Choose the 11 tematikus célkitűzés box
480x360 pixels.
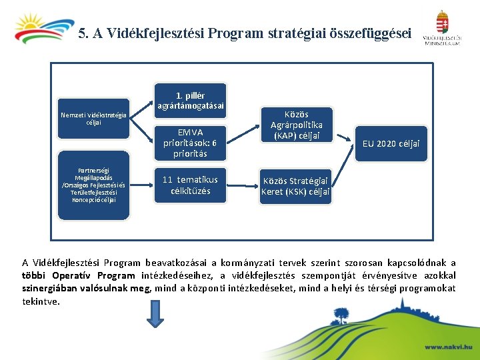(x=190, y=185)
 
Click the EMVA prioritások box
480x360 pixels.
(x=190, y=143)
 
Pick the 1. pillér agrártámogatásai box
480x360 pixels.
(x=190, y=100)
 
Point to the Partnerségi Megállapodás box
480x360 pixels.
(x=93, y=185)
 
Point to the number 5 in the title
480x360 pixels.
(x=81, y=33)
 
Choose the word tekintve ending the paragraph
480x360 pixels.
(x=40, y=301)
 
